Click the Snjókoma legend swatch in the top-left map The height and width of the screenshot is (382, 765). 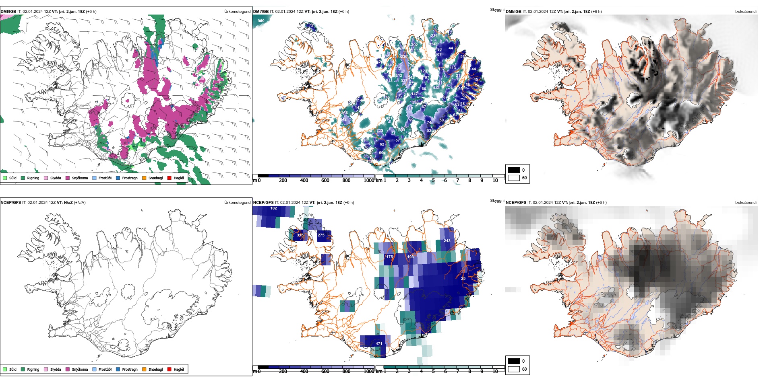[x=68, y=178]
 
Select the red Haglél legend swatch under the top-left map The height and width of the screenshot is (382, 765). [x=170, y=178]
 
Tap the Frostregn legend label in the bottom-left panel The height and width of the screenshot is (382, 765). [x=130, y=369]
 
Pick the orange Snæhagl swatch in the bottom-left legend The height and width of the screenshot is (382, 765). [x=144, y=369]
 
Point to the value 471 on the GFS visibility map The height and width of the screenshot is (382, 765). [x=379, y=344]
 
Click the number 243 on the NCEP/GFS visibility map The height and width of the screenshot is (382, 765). [x=447, y=241]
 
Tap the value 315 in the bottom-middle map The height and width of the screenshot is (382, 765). [x=300, y=235]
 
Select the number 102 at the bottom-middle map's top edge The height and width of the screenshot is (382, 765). [x=274, y=208]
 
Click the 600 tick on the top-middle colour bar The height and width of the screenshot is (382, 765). [x=325, y=181]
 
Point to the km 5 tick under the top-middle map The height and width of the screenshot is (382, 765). [x=433, y=181]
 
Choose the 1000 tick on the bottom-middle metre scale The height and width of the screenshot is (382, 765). [x=369, y=372]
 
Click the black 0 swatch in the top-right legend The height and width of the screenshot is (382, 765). [x=514, y=170]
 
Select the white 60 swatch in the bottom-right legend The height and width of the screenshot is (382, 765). [x=514, y=369]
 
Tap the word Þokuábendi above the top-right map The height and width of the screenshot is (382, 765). [x=746, y=12]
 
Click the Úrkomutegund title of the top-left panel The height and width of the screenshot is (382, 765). [x=237, y=12]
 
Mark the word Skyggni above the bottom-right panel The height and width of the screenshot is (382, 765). [x=497, y=200]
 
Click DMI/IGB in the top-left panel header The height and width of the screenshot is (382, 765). [x=8, y=12]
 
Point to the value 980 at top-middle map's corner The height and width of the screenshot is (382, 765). [x=261, y=21]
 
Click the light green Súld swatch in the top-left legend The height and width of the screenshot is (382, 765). [x=5, y=178]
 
